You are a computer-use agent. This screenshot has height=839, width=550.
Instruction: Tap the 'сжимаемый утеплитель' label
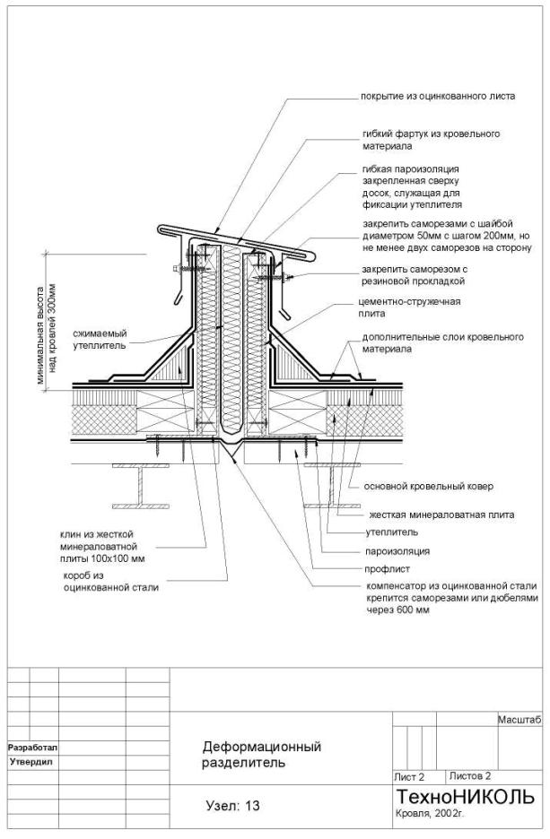coord(100,339)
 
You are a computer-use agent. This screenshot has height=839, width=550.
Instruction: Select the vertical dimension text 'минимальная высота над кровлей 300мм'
coord(46,334)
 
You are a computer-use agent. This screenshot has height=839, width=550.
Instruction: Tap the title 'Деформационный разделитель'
coord(261,755)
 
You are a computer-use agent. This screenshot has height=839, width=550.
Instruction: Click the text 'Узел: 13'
coord(231,806)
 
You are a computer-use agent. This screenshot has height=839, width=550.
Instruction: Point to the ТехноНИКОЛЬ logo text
coord(464,797)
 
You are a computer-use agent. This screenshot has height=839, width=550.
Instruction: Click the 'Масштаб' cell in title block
coord(519,720)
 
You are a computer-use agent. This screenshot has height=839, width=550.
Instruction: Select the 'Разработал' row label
coord(32,747)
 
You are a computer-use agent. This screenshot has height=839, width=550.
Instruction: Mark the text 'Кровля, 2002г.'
coord(430,814)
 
